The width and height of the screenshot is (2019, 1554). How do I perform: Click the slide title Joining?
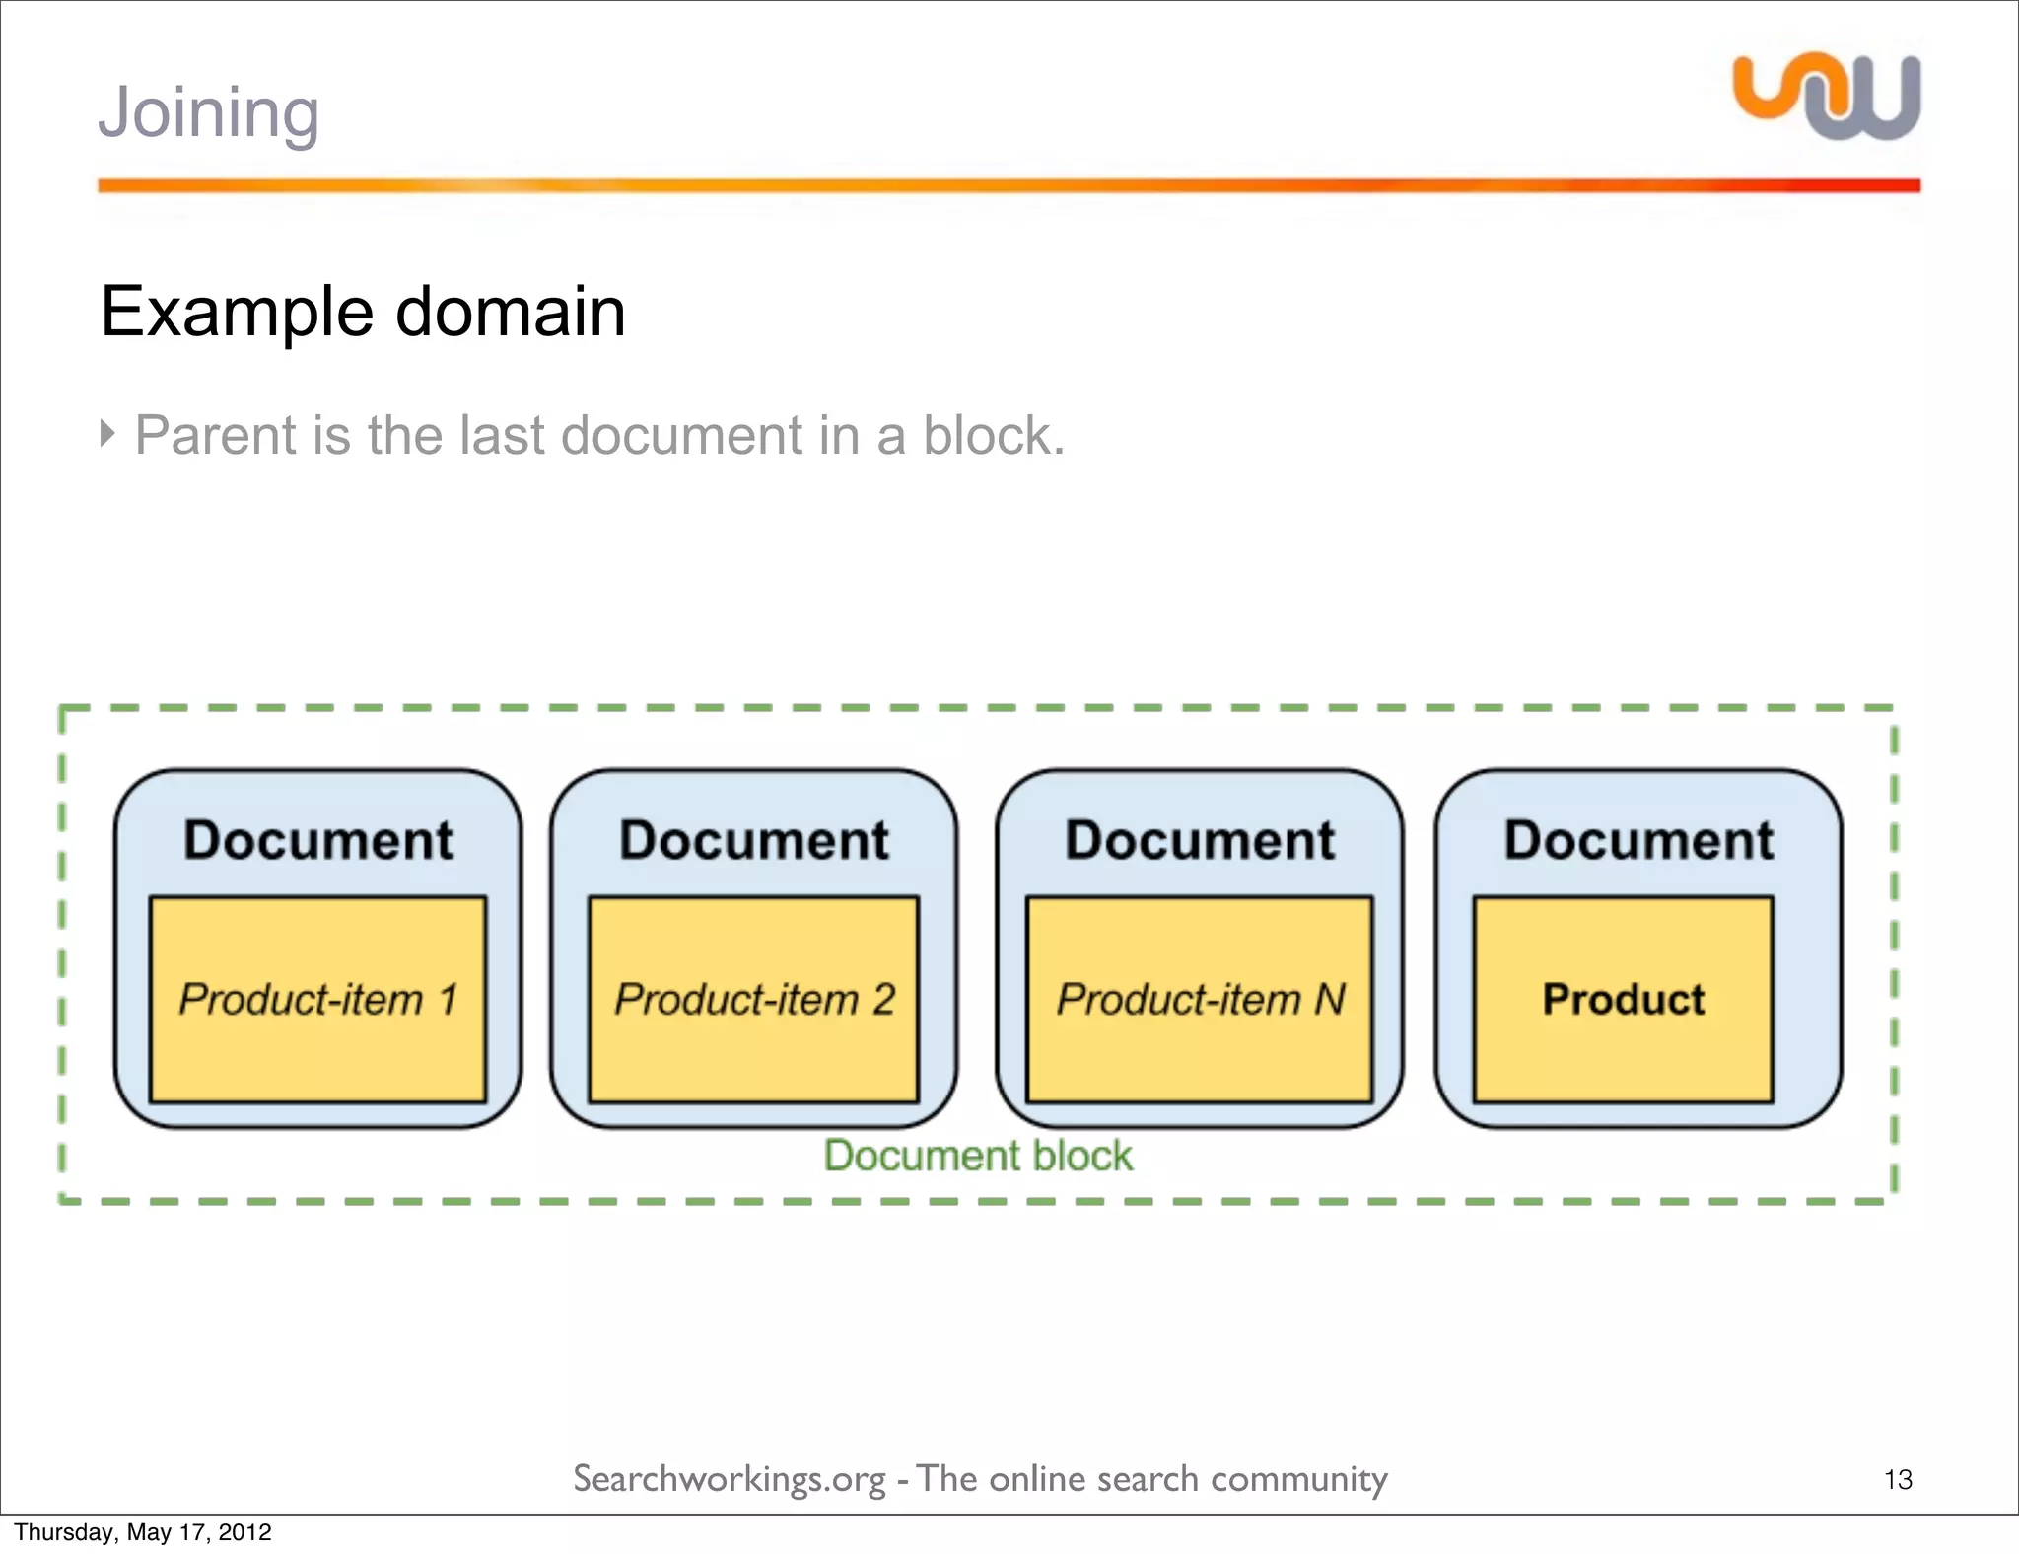click(x=208, y=112)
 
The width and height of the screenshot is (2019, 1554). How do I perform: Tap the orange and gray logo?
click(x=1826, y=97)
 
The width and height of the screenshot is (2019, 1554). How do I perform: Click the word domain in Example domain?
click(x=510, y=312)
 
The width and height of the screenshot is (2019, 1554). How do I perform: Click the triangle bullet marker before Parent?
click(x=107, y=432)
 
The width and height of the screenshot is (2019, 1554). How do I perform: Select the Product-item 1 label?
click(x=317, y=999)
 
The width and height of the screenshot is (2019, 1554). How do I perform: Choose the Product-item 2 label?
click(x=754, y=999)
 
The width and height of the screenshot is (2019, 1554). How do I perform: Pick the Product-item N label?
click(x=1200, y=999)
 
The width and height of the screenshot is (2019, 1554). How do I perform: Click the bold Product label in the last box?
click(x=1623, y=999)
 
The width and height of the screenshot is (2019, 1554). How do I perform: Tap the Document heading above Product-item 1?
click(x=317, y=840)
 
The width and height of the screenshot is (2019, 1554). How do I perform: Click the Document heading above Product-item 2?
click(x=754, y=840)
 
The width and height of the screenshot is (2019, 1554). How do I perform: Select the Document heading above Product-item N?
click(x=1200, y=840)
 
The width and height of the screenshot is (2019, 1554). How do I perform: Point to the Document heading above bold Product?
click(x=1638, y=840)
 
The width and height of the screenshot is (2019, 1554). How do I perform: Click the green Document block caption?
click(x=978, y=1156)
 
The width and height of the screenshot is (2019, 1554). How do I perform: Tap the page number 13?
click(x=1898, y=1479)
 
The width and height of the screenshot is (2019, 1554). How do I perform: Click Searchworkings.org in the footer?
click(x=730, y=1479)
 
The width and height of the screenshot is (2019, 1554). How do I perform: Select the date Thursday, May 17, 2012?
click(x=143, y=1531)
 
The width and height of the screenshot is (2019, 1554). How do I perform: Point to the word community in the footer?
click(x=1298, y=1479)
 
